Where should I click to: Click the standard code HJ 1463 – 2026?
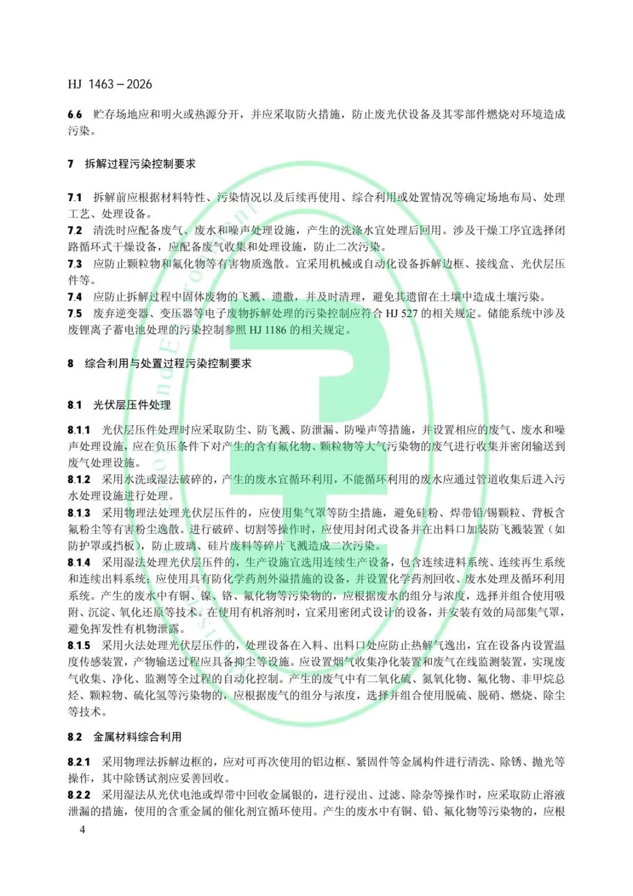110,84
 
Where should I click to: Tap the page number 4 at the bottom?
82,829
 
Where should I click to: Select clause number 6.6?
74,114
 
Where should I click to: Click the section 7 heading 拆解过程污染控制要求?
140,164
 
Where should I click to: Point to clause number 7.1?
74,198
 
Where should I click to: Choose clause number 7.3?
74,264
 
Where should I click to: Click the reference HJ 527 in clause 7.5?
401,314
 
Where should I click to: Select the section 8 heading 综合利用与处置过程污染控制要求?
168,364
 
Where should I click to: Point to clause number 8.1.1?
79,430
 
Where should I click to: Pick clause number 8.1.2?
79,480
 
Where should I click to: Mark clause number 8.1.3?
79,513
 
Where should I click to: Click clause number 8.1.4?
79,562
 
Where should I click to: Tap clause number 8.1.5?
79,646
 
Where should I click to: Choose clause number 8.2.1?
79,762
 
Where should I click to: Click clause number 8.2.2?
79,795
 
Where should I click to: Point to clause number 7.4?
74,297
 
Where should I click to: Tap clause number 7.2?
74,230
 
